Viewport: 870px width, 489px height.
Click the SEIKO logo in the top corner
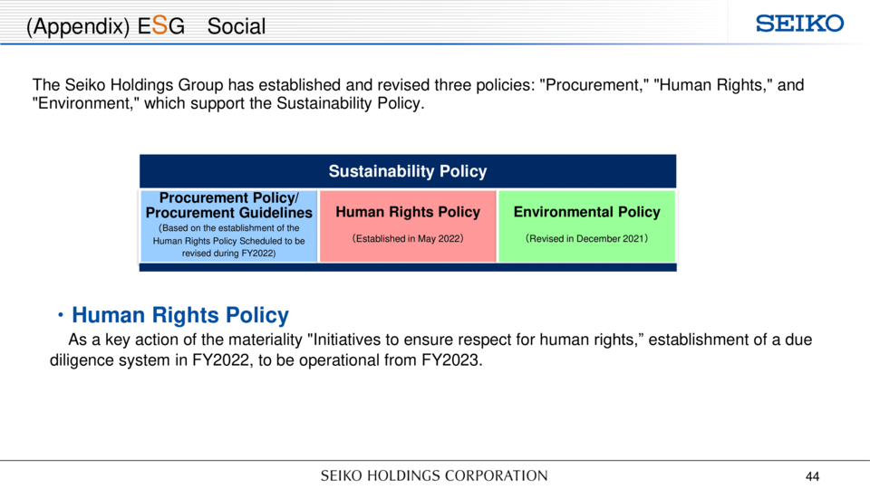click(x=799, y=24)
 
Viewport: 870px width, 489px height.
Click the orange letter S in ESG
click(x=159, y=25)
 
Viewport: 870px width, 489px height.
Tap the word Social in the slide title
click(x=237, y=26)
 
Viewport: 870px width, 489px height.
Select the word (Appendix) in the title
click(x=78, y=26)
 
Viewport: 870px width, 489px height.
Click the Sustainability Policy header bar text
click(x=408, y=171)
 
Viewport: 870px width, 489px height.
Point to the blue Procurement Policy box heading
click(x=228, y=206)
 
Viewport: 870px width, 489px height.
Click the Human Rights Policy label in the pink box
click(x=408, y=212)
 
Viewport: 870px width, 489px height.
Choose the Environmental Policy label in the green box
click(x=586, y=212)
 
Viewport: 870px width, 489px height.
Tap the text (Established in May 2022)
click(x=408, y=238)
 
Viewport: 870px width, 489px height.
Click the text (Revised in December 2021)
click(x=586, y=238)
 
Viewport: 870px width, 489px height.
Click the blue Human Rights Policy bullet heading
click(x=180, y=315)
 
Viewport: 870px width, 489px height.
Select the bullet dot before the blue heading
click(x=61, y=315)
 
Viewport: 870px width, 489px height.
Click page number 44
click(x=812, y=476)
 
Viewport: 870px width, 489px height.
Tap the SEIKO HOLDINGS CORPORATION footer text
click(x=434, y=475)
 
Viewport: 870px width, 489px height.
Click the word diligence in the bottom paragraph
click(x=89, y=360)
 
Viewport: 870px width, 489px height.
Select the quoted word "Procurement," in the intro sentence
click(x=594, y=85)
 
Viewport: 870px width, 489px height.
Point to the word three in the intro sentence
click(x=456, y=85)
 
